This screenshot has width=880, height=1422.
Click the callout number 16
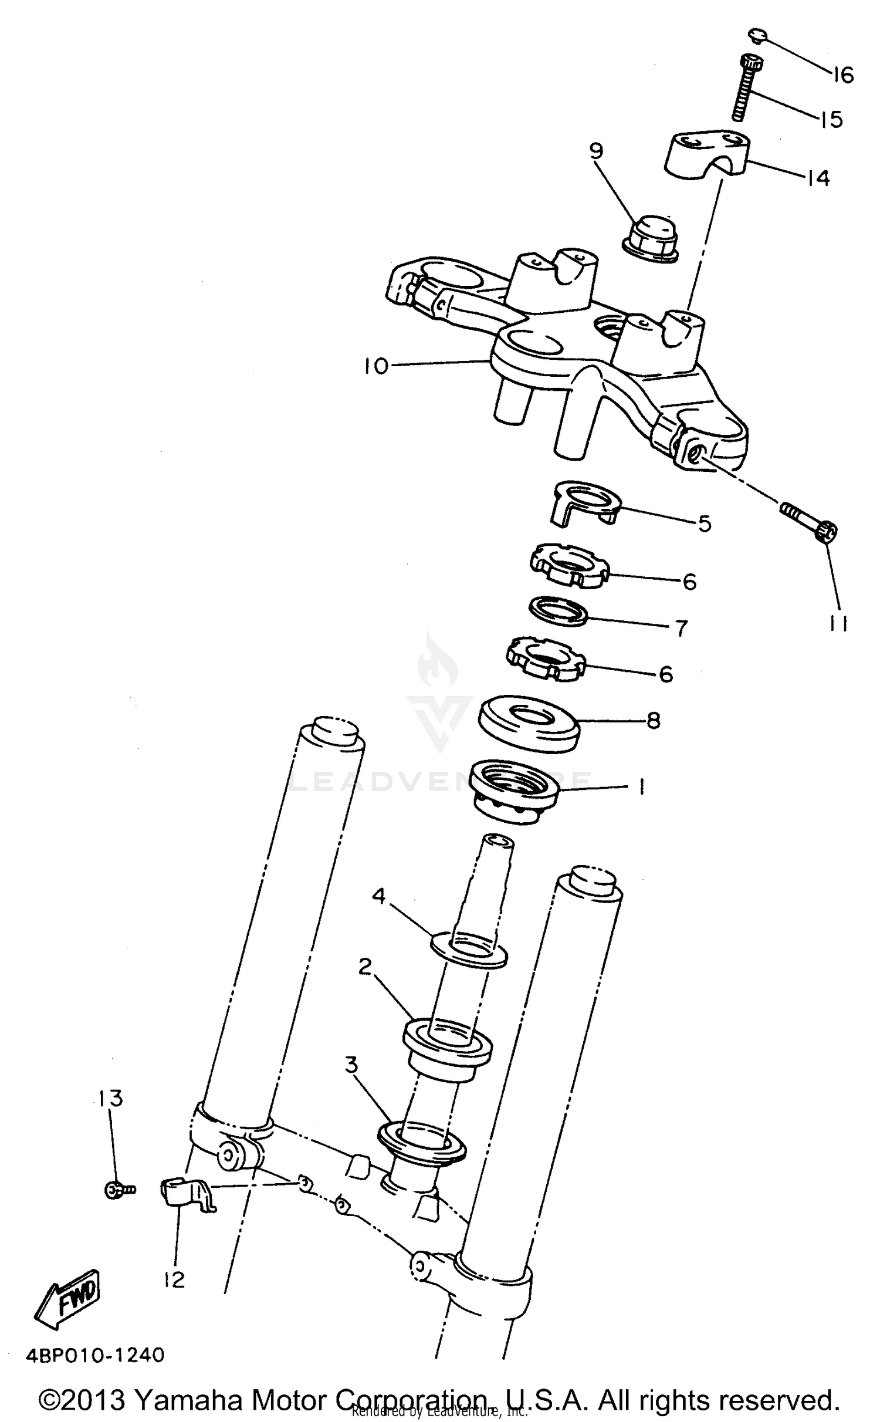(843, 75)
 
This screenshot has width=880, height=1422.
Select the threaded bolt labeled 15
(745, 88)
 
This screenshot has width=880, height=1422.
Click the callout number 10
(375, 366)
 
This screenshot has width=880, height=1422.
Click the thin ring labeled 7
(558, 611)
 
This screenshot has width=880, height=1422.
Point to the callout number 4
(379, 896)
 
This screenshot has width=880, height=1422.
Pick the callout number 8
(654, 720)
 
